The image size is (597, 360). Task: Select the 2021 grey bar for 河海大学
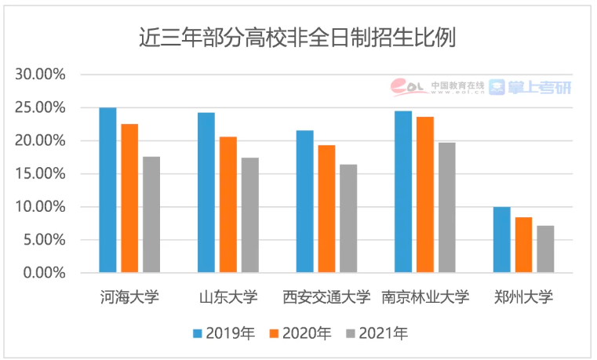[x=151, y=215]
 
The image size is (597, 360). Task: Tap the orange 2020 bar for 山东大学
[x=228, y=205]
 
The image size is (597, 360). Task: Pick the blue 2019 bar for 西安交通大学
[x=304, y=202]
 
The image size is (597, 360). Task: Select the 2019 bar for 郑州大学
[x=501, y=240]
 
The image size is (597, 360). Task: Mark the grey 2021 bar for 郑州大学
[x=545, y=249]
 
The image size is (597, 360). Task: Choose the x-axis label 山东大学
[x=228, y=297]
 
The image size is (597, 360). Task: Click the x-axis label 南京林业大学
[x=424, y=297]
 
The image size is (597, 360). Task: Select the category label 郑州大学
[x=523, y=297]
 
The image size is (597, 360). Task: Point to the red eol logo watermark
[x=409, y=85]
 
